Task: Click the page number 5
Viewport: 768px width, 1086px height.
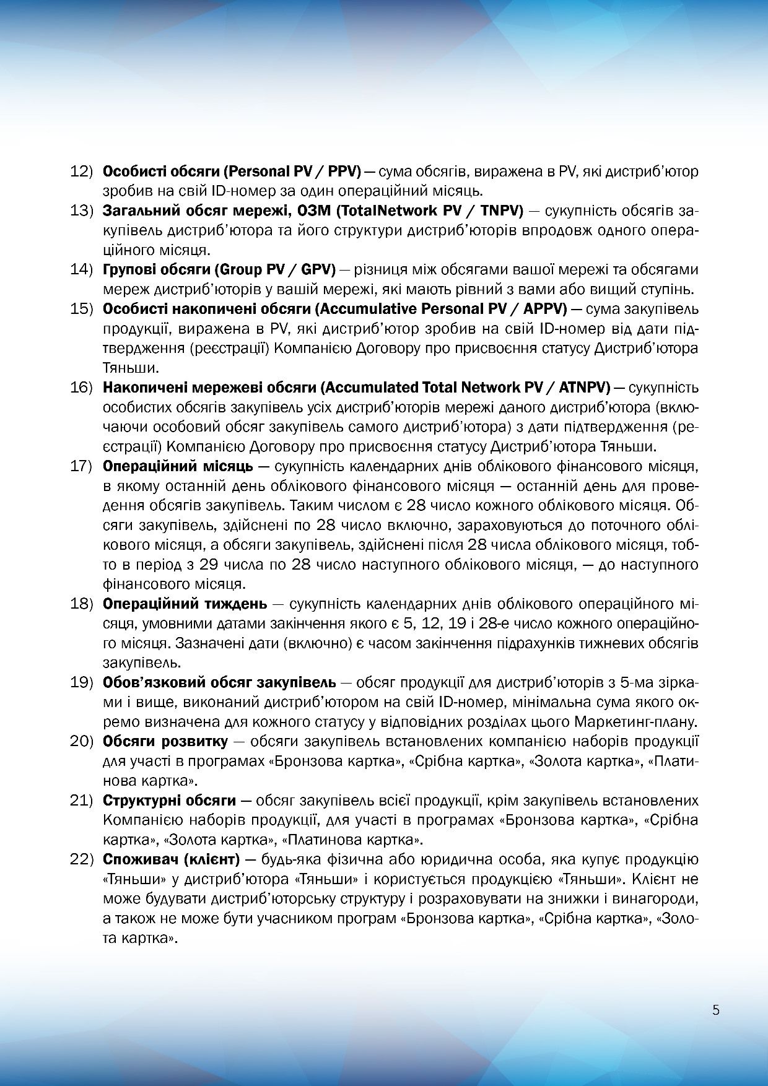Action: [x=716, y=1010]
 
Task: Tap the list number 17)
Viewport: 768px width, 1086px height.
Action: [x=81, y=466]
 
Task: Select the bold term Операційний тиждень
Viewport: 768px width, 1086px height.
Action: [x=185, y=604]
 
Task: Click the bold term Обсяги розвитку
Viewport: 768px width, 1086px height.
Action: [x=165, y=741]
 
